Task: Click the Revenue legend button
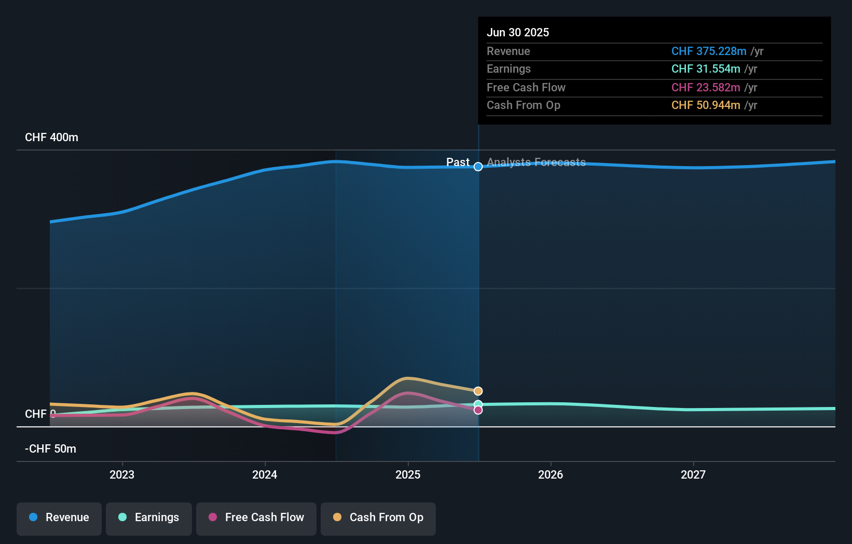tap(59, 518)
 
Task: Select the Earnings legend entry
tap(149, 518)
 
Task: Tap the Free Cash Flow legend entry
tap(256, 518)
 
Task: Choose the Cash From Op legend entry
tap(378, 518)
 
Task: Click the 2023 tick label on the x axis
tap(122, 474)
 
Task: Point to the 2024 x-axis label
tap(265, 474)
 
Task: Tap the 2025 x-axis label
tap(408, 474)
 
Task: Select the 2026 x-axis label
tap(551, 474)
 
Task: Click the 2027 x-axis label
tap(693, 474)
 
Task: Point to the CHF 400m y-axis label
tap(51, 138)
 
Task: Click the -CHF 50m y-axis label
tap(50, 449)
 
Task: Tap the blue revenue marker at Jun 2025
tap(478, 167)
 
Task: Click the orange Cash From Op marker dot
tap(478, 391)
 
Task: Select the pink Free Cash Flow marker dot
tap(478, 410)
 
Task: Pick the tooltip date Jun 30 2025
tap(518, 32)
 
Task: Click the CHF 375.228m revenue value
tap(709, 51)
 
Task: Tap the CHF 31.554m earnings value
tap(706, 69)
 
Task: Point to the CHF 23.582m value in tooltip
tap(706, 87)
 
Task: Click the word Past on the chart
tap(458, 162)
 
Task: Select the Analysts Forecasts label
tap(536, 162)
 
